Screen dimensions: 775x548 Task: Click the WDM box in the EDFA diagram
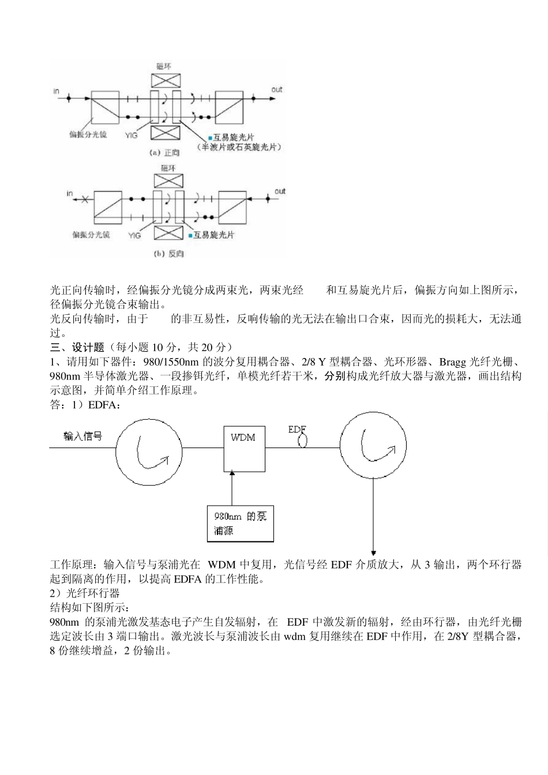click(244, 447)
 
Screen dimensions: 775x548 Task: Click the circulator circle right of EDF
click(374, 447)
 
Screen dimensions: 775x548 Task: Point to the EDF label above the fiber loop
click(296, 430)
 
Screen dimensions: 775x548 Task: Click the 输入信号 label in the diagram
click(82, 437)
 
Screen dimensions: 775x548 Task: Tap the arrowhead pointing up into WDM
click(232, 473)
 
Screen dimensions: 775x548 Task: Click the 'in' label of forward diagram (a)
click(56, 91)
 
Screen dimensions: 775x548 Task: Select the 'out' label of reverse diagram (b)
click(280, 191)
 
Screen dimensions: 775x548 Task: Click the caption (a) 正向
click(164, 153)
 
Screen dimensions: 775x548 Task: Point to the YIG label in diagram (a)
click(132, 135)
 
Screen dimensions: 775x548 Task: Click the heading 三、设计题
click(77, 347)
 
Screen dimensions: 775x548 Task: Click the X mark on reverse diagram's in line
click(85, 200)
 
